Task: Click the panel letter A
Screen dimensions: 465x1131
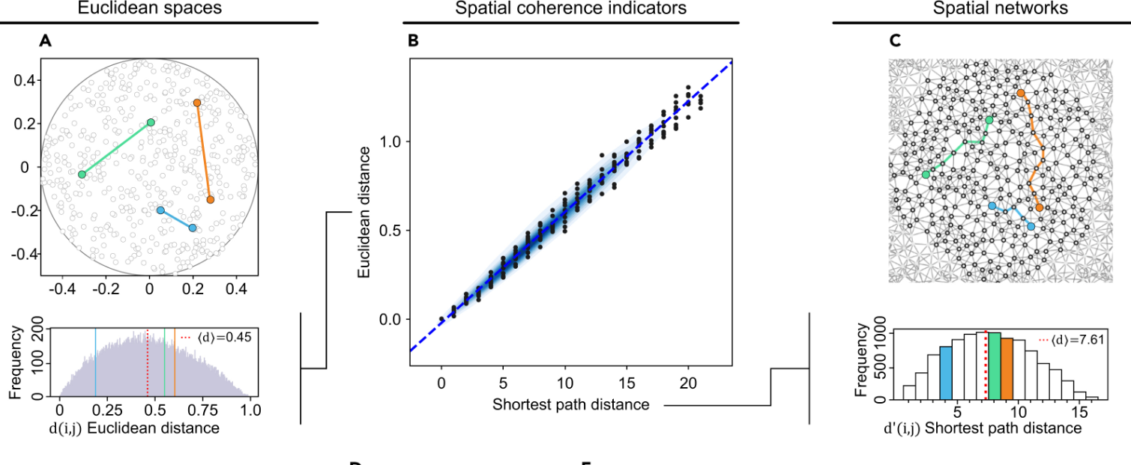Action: point(45,43)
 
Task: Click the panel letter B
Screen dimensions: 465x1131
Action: point(413,43)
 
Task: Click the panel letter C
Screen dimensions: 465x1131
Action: point(894,43)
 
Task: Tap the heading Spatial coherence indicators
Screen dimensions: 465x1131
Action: point(570,8)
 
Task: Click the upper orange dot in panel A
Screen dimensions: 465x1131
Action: point(196,103)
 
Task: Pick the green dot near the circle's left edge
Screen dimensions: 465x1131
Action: point(82,174)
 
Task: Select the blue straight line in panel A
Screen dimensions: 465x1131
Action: point(176,219)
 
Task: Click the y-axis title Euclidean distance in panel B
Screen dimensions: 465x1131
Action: point(364,213)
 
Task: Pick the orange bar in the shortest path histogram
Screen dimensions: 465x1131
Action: point(1007,368)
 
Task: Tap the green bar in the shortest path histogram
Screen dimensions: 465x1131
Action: point(995,365)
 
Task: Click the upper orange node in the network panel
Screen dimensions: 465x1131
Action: point(1020,93)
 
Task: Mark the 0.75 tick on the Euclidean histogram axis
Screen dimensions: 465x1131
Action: point(202,411)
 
